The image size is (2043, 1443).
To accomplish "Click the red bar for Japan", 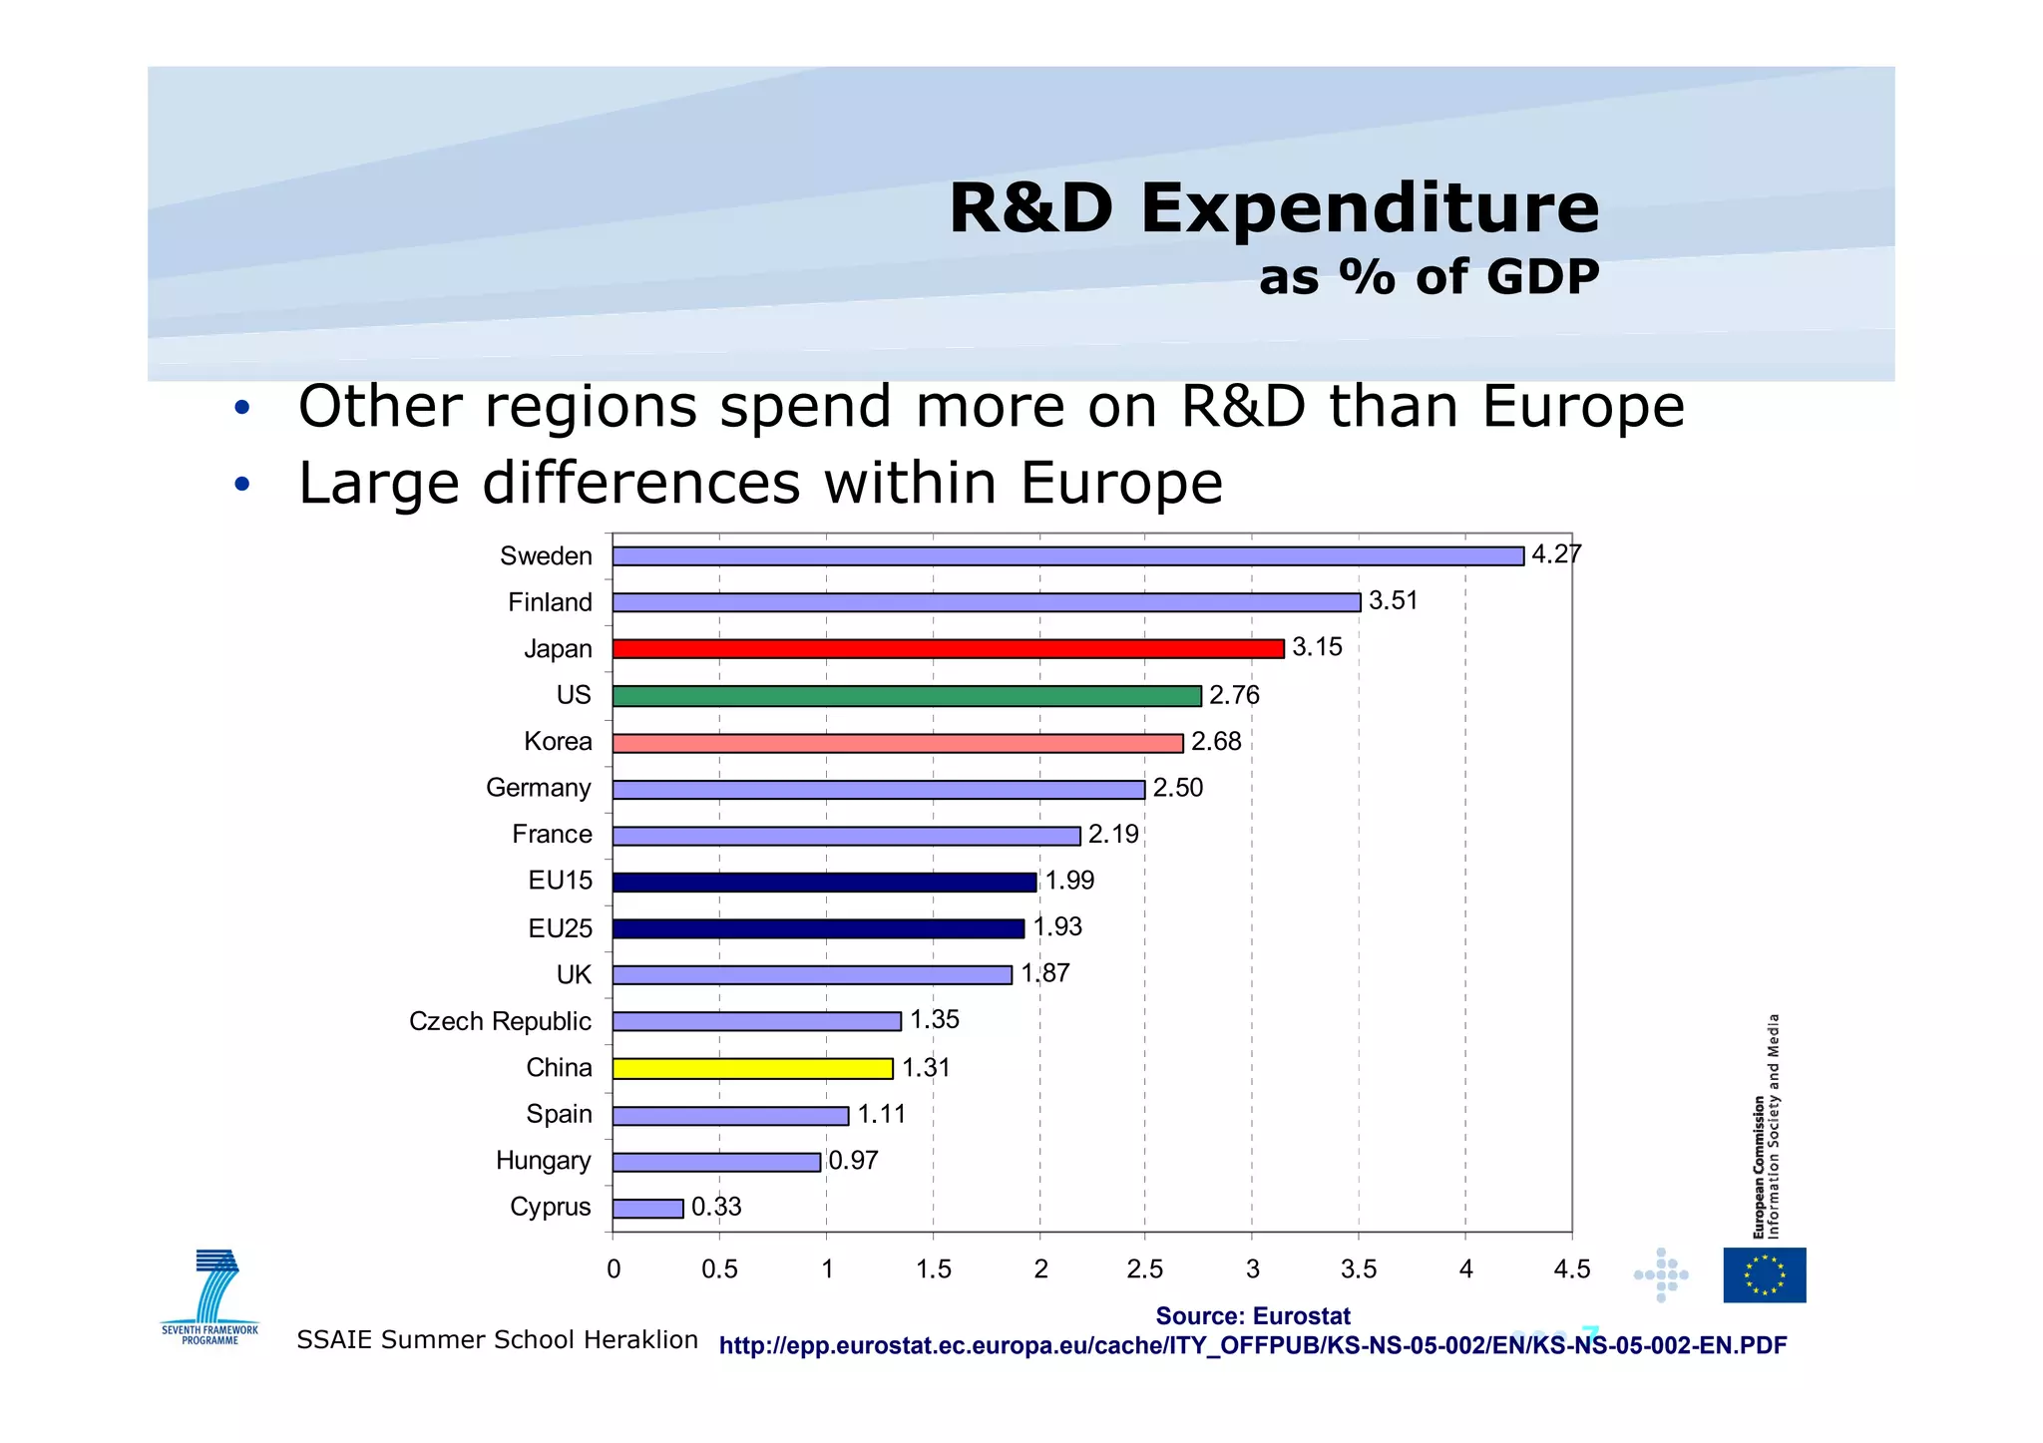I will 948,649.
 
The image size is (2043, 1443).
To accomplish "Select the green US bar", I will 906,696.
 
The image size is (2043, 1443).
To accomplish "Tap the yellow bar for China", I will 752,1069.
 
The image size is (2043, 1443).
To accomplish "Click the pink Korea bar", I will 897,743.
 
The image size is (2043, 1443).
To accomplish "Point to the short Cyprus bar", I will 647,1209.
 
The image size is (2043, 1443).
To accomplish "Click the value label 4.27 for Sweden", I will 1555,554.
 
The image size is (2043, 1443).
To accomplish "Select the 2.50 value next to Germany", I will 1177,788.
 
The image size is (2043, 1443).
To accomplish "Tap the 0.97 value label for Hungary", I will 853,1161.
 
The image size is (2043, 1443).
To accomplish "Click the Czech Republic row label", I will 500,1021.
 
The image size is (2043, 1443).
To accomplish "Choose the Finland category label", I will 550,602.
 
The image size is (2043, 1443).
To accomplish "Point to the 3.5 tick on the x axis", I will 1358,1269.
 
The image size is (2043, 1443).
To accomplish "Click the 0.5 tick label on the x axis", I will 719,1269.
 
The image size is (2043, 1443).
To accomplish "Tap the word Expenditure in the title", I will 1370,209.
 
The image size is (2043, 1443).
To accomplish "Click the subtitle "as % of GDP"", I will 1429,277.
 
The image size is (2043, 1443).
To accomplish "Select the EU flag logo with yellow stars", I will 1764,1274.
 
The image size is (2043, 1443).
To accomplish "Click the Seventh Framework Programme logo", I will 210,1296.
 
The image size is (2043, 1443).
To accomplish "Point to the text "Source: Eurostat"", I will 1252,1316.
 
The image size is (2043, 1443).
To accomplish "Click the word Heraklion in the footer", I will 640,1339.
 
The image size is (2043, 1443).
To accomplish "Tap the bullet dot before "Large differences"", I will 241,486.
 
